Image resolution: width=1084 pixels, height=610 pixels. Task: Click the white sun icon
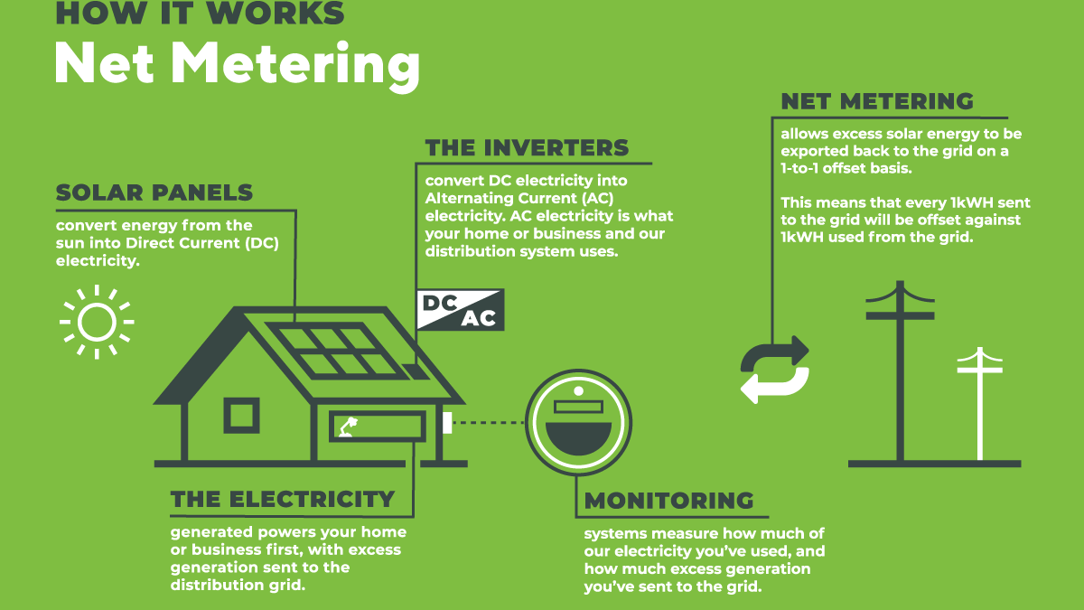[x=97, y=321]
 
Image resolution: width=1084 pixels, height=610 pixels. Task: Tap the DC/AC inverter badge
[x=461, y=310]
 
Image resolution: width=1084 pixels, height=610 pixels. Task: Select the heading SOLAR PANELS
[x=154, y=192]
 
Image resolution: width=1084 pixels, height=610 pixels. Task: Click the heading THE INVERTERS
[x=527, y=147]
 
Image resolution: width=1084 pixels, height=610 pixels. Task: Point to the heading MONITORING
[x=668, y=501]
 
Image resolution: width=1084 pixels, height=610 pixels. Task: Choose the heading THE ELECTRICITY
[x=283, y=499]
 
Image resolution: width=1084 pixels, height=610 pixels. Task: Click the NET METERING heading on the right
[x=877, y=100]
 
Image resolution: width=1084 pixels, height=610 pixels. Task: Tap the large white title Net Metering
[x=237, y=62]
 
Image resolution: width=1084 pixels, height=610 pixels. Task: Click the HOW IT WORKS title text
[x=200, y=13]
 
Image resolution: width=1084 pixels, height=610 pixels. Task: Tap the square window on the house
[x=241, y=416]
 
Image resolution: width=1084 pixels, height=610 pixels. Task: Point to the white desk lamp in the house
[x=348, y=427]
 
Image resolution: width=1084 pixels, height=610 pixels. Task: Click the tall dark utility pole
[x=900, y=371]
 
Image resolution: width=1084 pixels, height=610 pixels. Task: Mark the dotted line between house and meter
[x=488, y=422]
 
